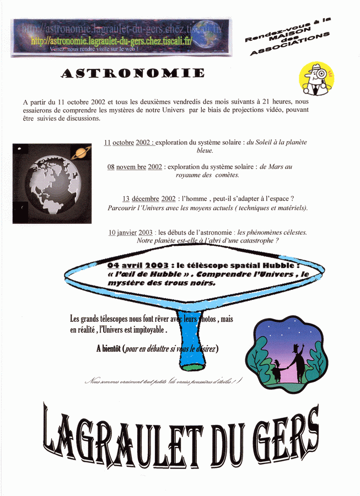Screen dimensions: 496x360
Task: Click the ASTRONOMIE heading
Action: tap(132, 73)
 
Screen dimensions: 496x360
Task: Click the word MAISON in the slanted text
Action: tap(293, 40)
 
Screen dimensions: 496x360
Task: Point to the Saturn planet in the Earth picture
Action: tap(81, 152)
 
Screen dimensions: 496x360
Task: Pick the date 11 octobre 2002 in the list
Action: tap(128, 143)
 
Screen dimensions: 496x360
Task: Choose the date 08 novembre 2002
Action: tap(135, 166)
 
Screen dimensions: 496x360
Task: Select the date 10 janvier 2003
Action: tap(130, 233)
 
